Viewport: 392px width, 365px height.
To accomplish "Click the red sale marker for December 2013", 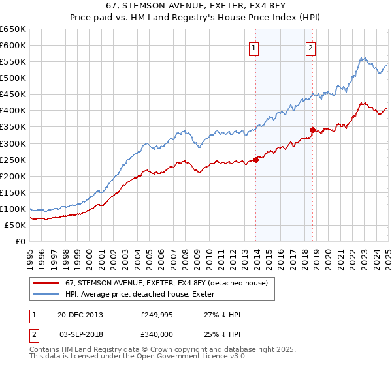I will pos(256,160).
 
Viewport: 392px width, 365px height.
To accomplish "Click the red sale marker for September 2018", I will pos(312,130).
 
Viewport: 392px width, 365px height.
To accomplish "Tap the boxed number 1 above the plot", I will pos(253,47).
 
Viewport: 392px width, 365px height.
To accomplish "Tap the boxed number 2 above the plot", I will pos(310,47).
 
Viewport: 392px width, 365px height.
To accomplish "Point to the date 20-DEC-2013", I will pos(80,315).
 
